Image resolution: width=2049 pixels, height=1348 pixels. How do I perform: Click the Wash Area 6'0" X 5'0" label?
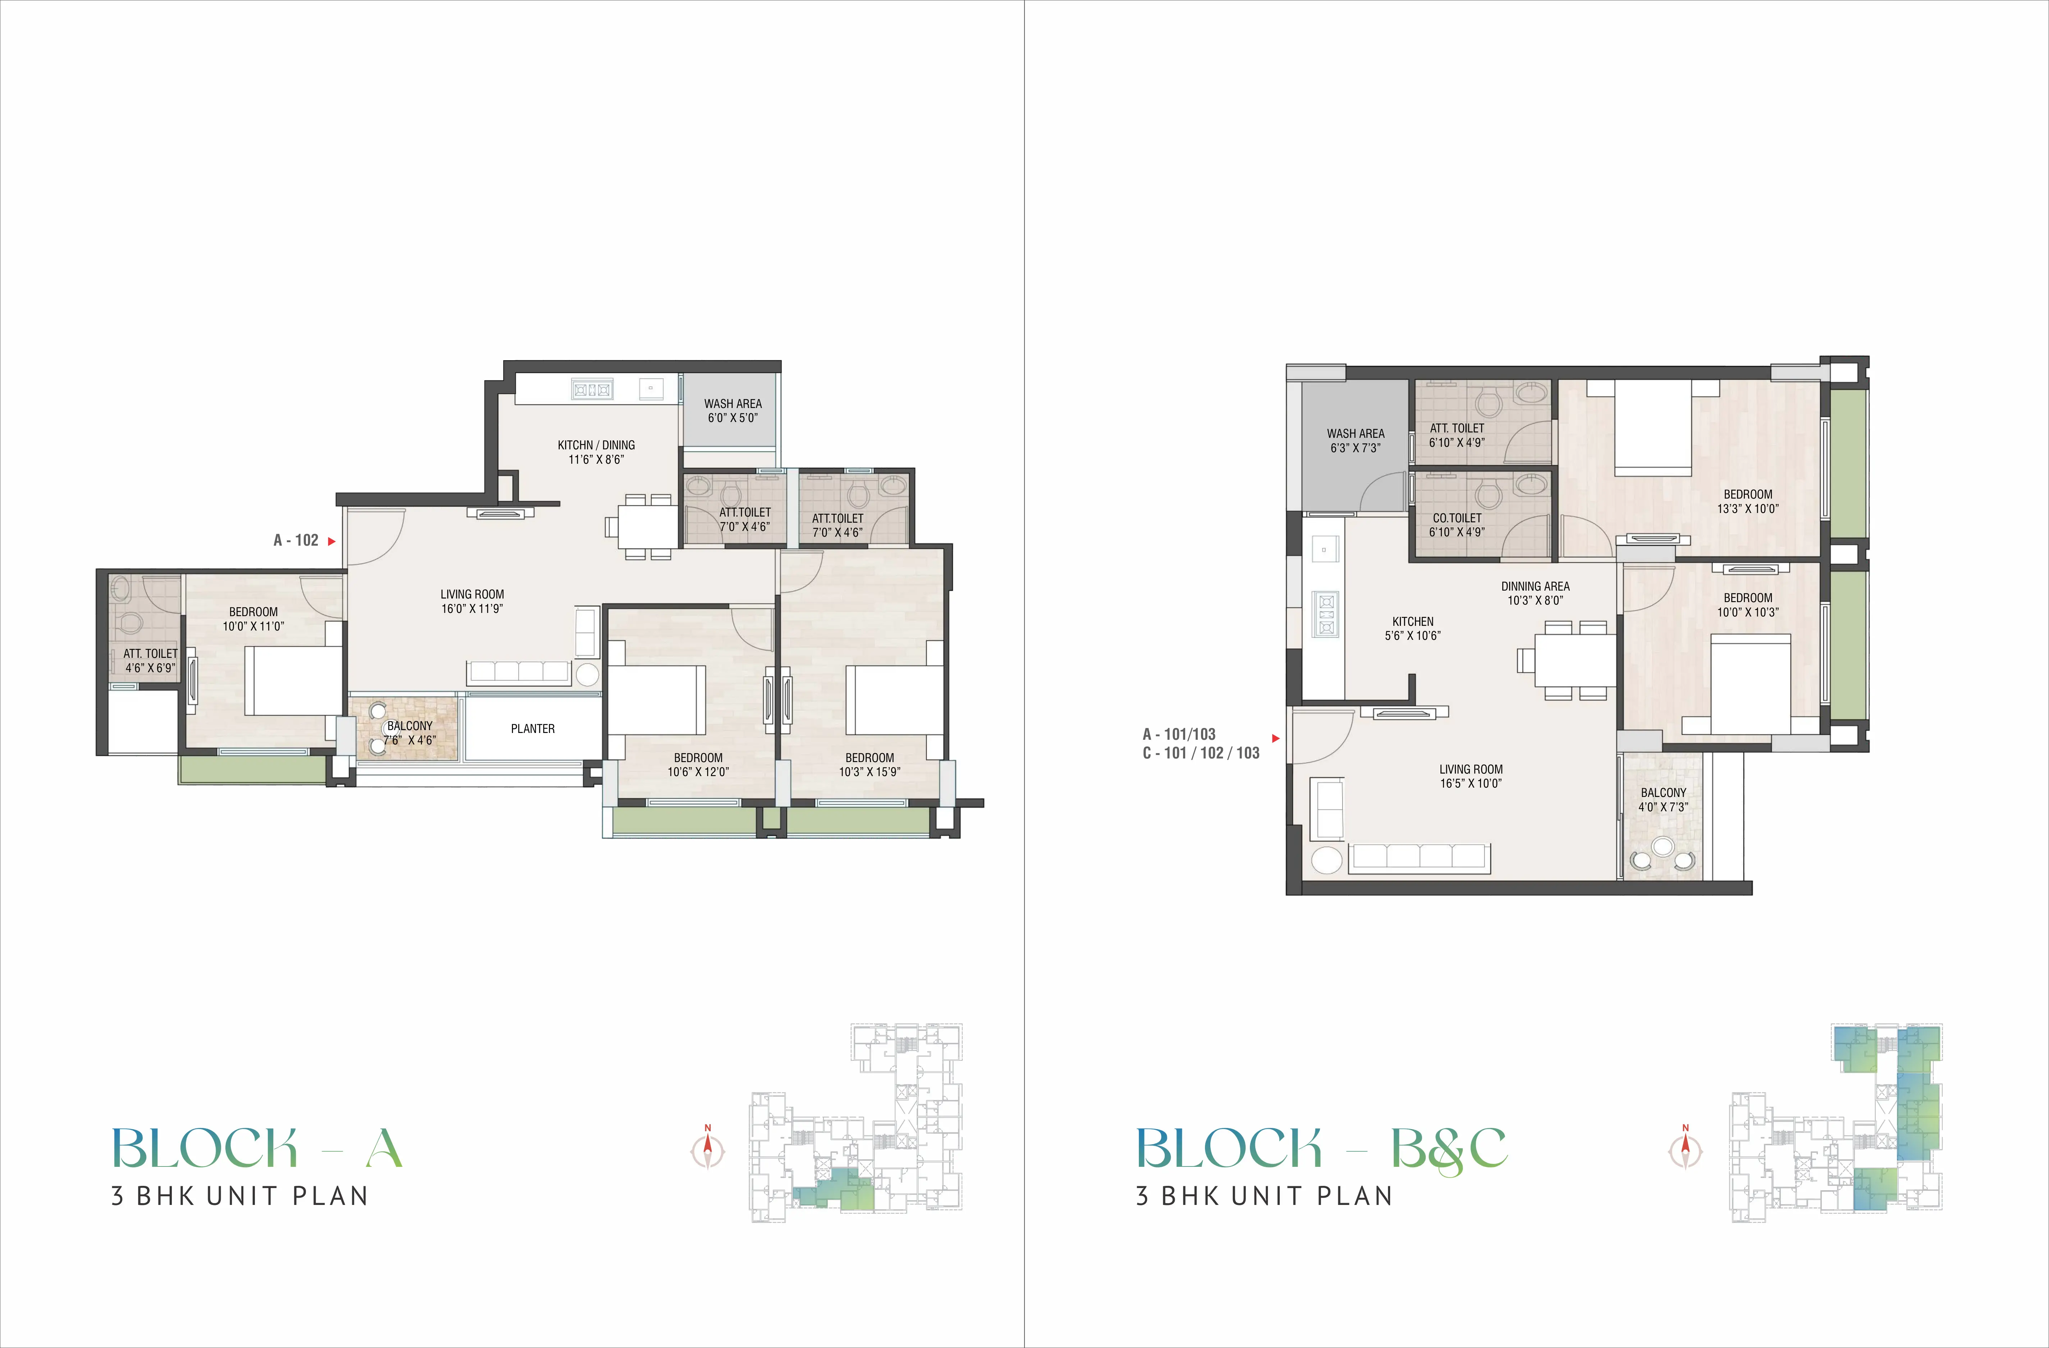pos(733,411)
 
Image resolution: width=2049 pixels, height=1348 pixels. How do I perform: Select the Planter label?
pos(533,728)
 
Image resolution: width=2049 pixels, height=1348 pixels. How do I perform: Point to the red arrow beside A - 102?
pos(331,541)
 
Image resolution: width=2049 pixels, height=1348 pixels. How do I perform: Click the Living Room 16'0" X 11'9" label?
pos(472,601)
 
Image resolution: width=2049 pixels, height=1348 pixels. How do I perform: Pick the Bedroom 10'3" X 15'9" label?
pos(870,764)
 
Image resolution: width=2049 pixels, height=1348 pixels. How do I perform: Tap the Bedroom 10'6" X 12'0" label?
pos(698,764)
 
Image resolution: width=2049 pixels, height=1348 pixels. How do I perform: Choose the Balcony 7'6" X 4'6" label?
pos(410,733)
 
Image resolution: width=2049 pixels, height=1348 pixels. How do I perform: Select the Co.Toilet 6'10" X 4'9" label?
pos(1457,525)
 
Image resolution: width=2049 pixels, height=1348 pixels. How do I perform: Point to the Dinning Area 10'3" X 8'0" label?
pos(1535,593)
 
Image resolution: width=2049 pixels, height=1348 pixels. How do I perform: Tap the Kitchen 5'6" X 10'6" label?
pos(1413,628)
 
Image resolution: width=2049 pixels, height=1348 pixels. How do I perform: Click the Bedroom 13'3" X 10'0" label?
pos(1748,501)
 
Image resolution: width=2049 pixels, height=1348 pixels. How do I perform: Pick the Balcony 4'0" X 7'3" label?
pos(1663,800)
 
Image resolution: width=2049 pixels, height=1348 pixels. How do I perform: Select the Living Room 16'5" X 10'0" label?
pos(1471,776)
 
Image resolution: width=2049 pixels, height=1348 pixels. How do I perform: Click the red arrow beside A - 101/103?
pos(1276,739)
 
